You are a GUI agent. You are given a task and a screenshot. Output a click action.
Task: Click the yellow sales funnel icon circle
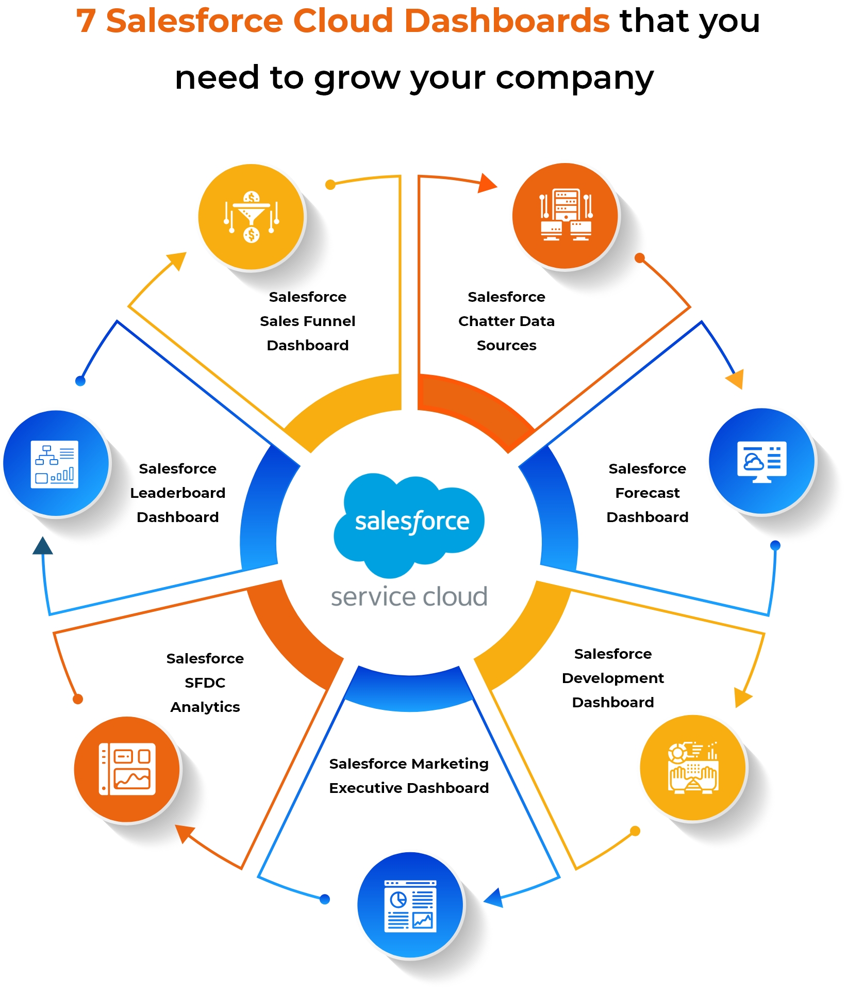tap(251, 217)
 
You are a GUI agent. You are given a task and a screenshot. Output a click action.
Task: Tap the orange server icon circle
tap(565, 216)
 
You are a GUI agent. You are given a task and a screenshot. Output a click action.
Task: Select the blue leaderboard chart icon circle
tap(55, 463)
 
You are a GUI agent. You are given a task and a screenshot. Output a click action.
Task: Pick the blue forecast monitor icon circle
tap(761, 461)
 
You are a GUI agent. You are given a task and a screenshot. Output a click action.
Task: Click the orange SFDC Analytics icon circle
tap(127, 769)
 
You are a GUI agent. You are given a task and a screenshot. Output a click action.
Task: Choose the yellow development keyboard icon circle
tap(693, 767)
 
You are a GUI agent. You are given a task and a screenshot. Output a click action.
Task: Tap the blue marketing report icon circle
tap(410, 905)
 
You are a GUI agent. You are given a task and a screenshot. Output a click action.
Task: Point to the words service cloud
tap(409, 597)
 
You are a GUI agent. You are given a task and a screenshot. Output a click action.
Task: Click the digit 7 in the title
tap(86, 21)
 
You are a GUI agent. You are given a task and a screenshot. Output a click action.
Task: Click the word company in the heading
tap(574, 78)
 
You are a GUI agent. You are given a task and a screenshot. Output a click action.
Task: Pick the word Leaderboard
tap(177, 493)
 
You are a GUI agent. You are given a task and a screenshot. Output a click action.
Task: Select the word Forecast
tap(647, 493)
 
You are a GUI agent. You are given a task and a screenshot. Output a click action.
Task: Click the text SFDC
tap(205, 683)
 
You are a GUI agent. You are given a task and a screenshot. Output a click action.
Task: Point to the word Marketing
tap(456, 764)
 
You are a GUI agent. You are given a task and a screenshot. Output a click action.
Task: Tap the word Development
tap(612, 678)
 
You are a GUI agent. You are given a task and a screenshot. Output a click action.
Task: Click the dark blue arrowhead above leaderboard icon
tap(42, 546)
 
